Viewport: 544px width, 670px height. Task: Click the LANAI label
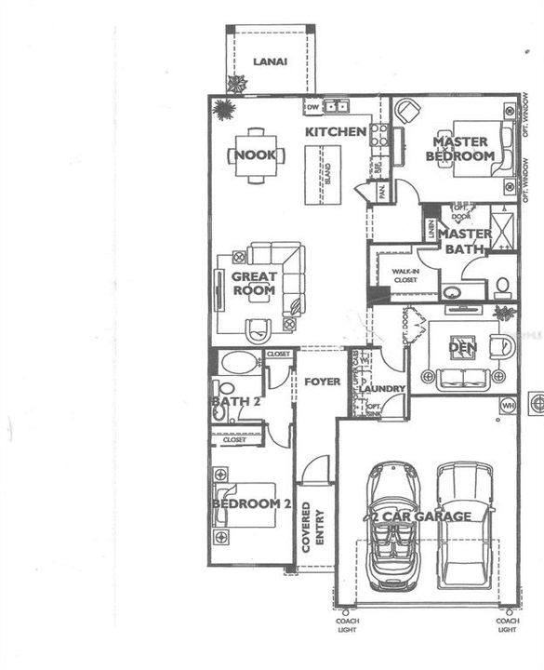click(270, 61)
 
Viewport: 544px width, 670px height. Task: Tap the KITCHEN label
click(336, 132)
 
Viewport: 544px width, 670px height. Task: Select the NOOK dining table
click(254, 154)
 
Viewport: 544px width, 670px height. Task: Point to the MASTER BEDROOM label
click(460, 149)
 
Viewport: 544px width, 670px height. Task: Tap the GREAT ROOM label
click(254, 283)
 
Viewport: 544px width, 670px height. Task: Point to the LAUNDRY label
click(381, 388)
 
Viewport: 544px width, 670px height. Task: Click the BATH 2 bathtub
click(240, 363)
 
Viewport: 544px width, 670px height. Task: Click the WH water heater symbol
click(508, 406)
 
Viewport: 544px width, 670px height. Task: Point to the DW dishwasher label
click(312, 105)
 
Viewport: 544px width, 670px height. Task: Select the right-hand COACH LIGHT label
click(508, 625)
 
